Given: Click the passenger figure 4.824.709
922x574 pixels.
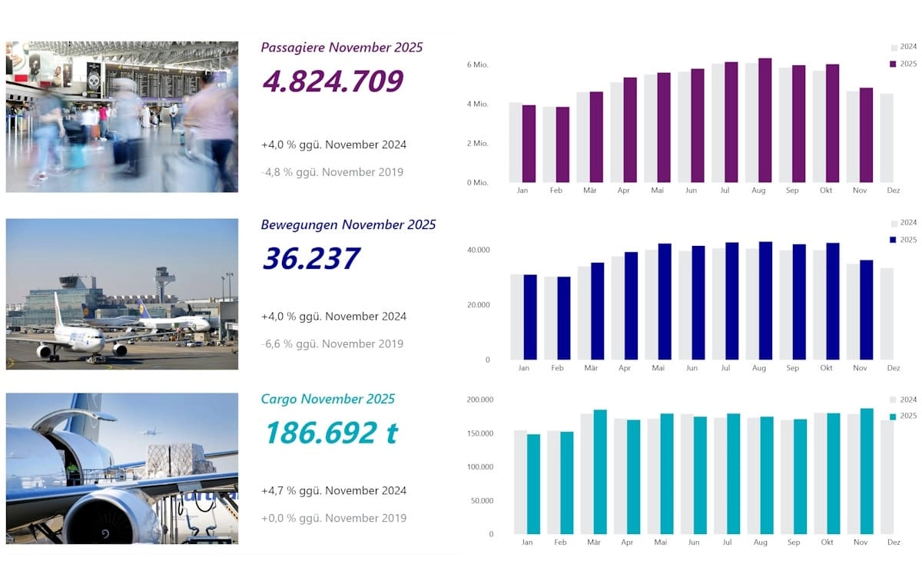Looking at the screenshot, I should pos(332,81).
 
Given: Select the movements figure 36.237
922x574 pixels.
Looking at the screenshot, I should pos(310,258).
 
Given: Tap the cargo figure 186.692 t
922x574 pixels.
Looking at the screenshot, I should pos(330,433).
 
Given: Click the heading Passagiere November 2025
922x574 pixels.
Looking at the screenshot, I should pos(341,48).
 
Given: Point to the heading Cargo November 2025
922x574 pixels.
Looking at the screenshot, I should pos(327,399).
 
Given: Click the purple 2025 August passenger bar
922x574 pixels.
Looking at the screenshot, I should pos(764,120).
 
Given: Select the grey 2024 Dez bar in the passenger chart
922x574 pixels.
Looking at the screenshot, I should pos(887,138).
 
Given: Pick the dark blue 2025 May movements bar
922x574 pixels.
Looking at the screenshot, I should pos(665,301).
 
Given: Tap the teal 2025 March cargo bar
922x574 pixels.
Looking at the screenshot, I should pos(600,472).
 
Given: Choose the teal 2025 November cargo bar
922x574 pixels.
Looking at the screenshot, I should pos(867,471).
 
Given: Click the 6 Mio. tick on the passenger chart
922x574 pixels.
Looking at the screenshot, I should pos(477,64).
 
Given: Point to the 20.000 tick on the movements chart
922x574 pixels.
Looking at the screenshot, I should pos(477,305).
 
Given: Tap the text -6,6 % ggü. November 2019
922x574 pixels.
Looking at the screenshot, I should pos(332,343).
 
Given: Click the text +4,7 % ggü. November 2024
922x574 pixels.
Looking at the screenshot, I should pos(333,490).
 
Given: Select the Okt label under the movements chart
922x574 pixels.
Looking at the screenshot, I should pos(826,368).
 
